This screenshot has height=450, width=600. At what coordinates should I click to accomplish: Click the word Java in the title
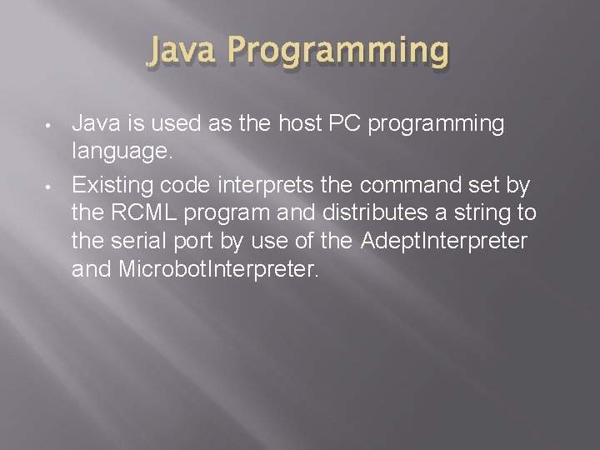[x=184, y=51]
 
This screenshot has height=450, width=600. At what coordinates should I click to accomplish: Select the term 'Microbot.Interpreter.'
[x=226, y=270]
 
